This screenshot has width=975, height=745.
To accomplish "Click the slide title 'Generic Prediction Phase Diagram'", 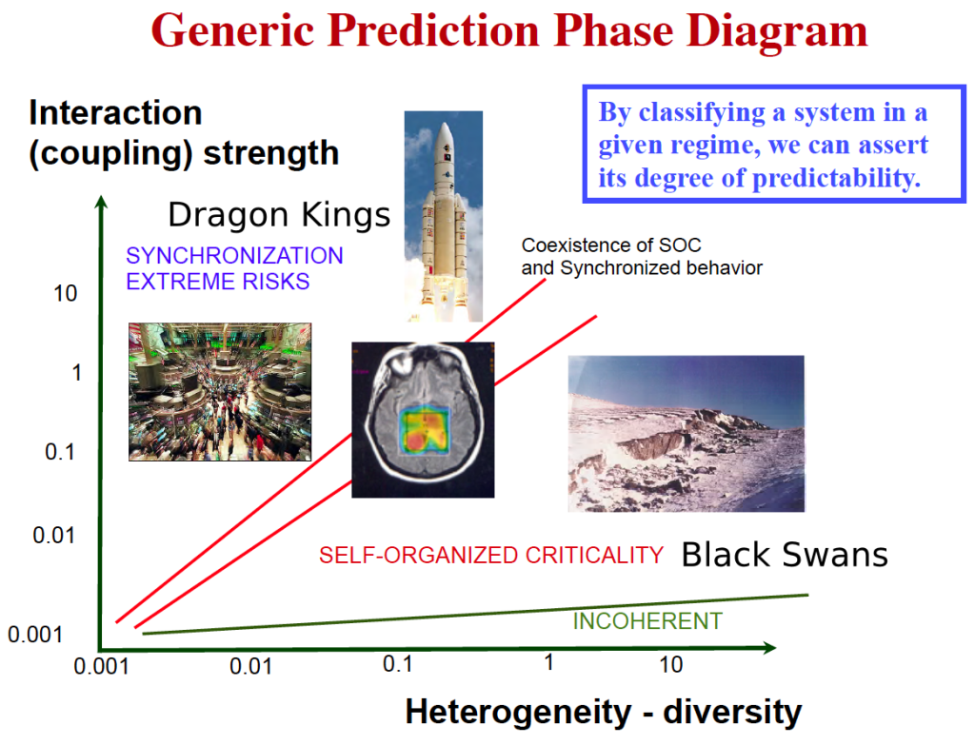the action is (509, 30).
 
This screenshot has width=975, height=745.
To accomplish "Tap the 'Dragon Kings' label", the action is (279, 215).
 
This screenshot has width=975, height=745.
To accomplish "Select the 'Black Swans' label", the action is (785, 555).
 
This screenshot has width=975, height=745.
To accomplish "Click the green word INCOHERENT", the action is (647, 620).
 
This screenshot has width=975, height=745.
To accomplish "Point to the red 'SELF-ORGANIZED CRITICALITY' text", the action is (491, 555).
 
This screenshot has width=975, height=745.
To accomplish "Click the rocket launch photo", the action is (444, 216).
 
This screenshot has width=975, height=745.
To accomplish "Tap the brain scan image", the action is (423, 420).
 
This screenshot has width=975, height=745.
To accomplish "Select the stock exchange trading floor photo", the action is (220, 392).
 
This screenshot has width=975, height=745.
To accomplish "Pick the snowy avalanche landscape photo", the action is (686, 434).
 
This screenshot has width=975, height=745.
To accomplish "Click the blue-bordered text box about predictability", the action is (774, 145).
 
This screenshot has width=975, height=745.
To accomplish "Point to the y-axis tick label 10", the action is (66, 293).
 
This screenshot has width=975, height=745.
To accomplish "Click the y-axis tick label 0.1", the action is (60, 452).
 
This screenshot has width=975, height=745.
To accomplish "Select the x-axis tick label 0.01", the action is (250, 666).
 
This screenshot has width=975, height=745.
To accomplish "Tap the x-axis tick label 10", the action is (671, 664).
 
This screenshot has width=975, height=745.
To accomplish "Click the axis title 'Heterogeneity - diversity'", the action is (603, 712).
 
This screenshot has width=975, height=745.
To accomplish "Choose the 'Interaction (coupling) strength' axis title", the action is (184, 133).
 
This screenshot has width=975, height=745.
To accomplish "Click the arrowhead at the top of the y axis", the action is (101, 202).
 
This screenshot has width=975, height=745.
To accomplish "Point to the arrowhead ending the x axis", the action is (769, 647).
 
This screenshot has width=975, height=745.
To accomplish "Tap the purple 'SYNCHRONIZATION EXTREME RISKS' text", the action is (234, 268).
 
